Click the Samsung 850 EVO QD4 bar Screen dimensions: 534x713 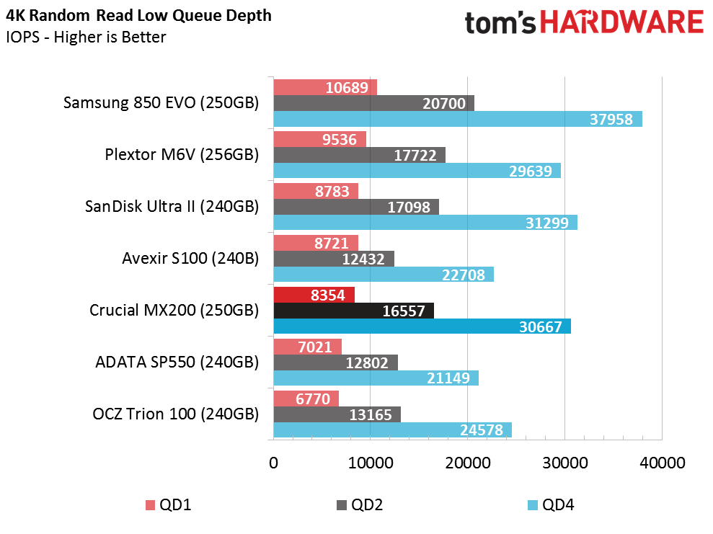[457, 119]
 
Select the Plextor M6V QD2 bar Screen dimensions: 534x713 [359, 155]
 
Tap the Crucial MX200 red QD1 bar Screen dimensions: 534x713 [314, 294]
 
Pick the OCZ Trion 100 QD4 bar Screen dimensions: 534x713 [392, 430]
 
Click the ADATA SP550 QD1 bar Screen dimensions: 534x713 [307, 347]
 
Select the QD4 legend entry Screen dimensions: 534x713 [551, 505]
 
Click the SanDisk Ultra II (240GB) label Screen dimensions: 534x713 [172, 207]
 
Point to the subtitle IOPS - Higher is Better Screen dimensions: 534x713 [86, 37]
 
